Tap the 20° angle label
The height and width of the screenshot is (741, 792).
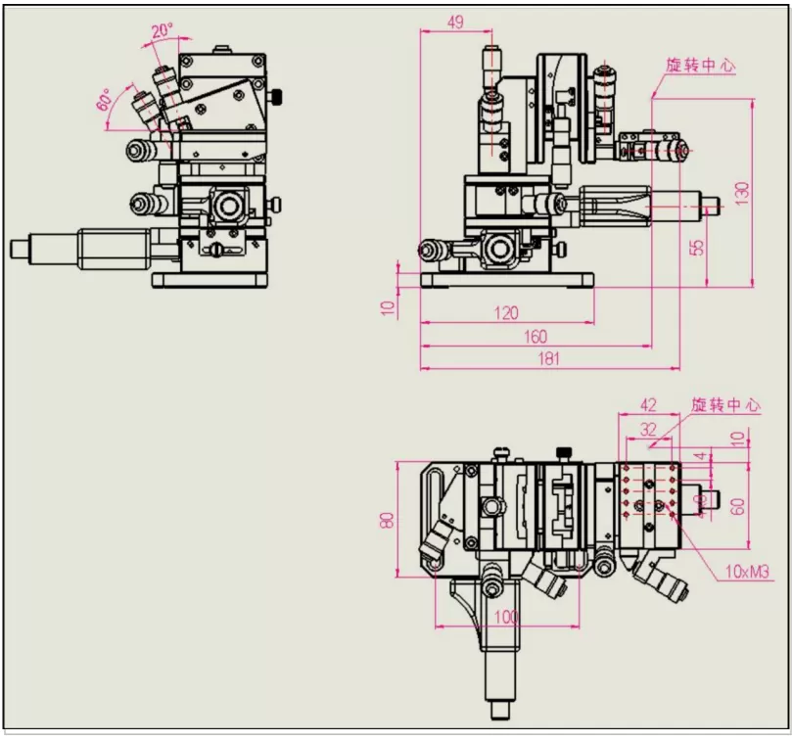point(163,31)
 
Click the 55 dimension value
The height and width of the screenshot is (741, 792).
point(697,248)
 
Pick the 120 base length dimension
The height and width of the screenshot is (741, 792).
point(505,313)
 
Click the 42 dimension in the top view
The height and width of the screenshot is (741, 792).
point(647,403)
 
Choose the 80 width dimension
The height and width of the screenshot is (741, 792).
point(388,520)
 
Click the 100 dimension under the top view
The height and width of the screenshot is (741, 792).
point(506,618)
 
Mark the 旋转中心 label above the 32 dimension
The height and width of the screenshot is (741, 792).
point(725,403)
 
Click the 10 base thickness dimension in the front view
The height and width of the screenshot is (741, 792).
point(388,307)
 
